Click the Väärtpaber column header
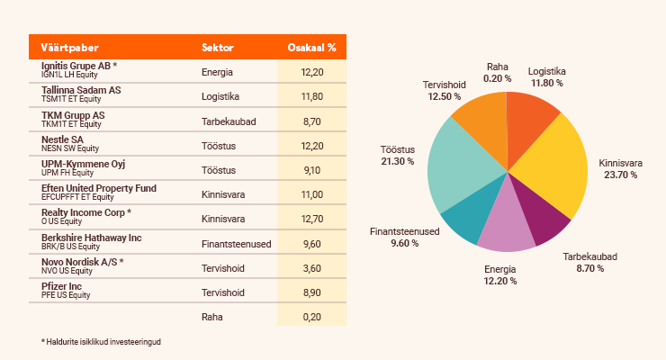coord(69,47)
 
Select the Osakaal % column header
coord(310,47)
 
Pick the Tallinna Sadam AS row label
coord(81,91)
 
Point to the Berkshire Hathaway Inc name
coord(92,238)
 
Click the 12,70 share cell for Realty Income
coord(311,218)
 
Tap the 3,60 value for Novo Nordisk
coord(311,267)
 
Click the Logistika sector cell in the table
coord(220,96)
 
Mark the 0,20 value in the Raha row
coord(311,317)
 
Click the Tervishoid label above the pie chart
coord(444,85)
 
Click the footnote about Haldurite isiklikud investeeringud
coord(107,342)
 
